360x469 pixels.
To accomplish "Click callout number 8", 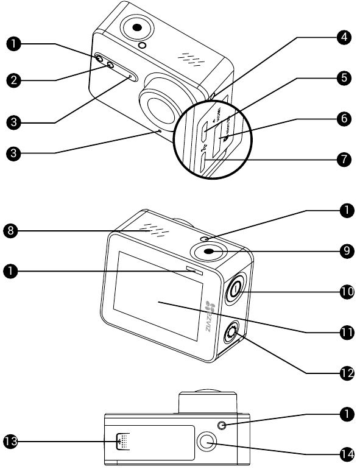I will [x=13, y=230].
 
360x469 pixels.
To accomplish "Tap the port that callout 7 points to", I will [x=204, y=161].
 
